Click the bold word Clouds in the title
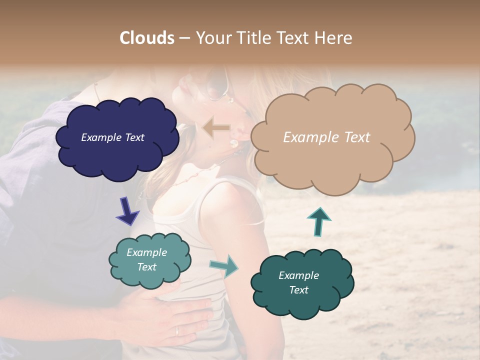tap(147, 38)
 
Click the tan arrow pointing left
tap(215, 128)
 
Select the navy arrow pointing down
tap(127, 210)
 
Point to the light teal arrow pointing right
tap(224, 266)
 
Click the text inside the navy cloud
tap(112, 137)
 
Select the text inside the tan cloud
tap(326, 137)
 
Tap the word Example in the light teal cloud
tap(146, 252)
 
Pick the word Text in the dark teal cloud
tap(298, 290)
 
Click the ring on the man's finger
tap(176, 330)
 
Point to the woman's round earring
tap(233, 143)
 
